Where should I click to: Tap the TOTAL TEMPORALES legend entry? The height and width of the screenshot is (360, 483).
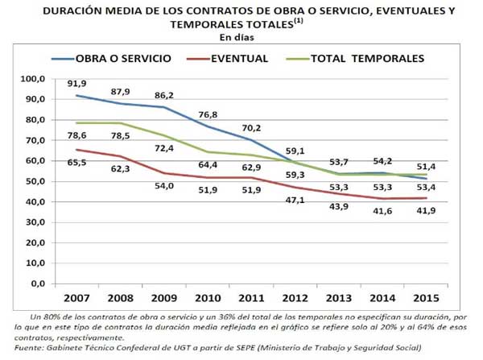click(x=366, y=59)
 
